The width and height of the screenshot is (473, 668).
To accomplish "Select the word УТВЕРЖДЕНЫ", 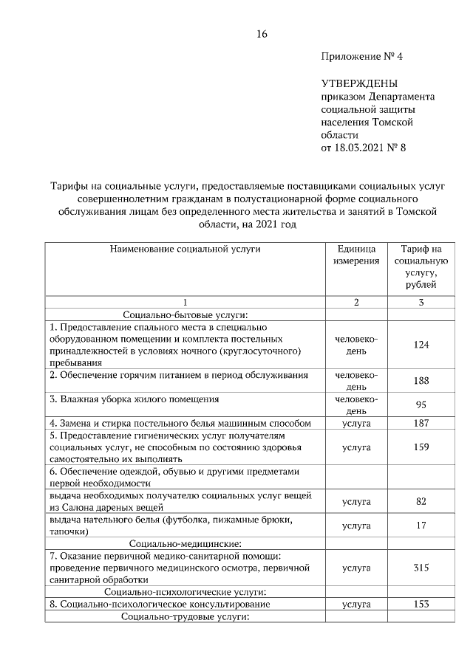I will point(359,83).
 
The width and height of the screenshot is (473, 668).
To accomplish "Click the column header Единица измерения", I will point(355,255).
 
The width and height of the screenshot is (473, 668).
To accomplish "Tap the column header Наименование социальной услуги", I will point(186,249).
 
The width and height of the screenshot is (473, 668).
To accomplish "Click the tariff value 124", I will point(421,345).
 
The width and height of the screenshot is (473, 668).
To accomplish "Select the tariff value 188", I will point(421,381).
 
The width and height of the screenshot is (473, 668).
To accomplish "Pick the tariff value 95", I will point(421,404).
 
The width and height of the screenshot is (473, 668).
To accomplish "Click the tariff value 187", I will point(421,423).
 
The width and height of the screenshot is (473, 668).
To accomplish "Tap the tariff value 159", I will point(421,447).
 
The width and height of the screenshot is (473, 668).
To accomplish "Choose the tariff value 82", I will point(421,501).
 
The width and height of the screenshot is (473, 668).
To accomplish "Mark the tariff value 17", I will point(421,526).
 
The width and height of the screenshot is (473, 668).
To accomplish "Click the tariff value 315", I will point(421,568).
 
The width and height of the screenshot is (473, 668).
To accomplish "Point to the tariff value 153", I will point(421,604).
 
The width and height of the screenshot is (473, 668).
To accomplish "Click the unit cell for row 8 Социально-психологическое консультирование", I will point(355,604).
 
